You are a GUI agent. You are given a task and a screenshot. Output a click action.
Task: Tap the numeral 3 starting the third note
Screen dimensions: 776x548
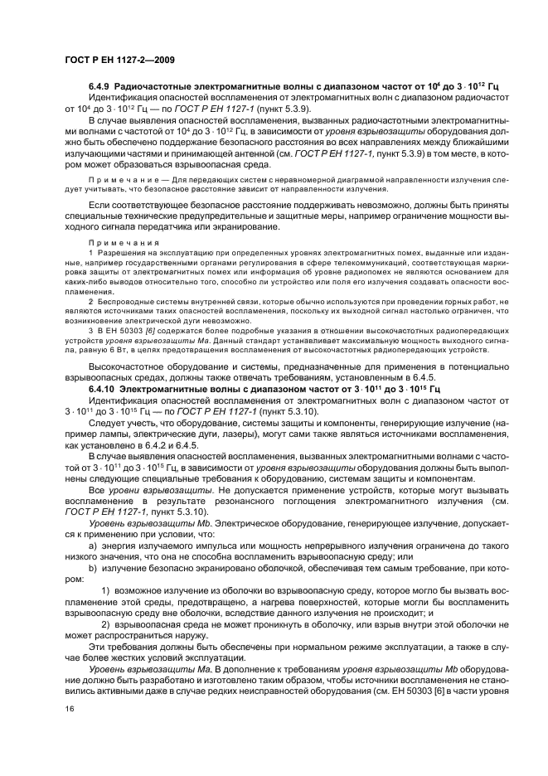click(90, 329)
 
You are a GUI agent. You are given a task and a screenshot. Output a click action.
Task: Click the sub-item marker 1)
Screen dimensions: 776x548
click(106, 591)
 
